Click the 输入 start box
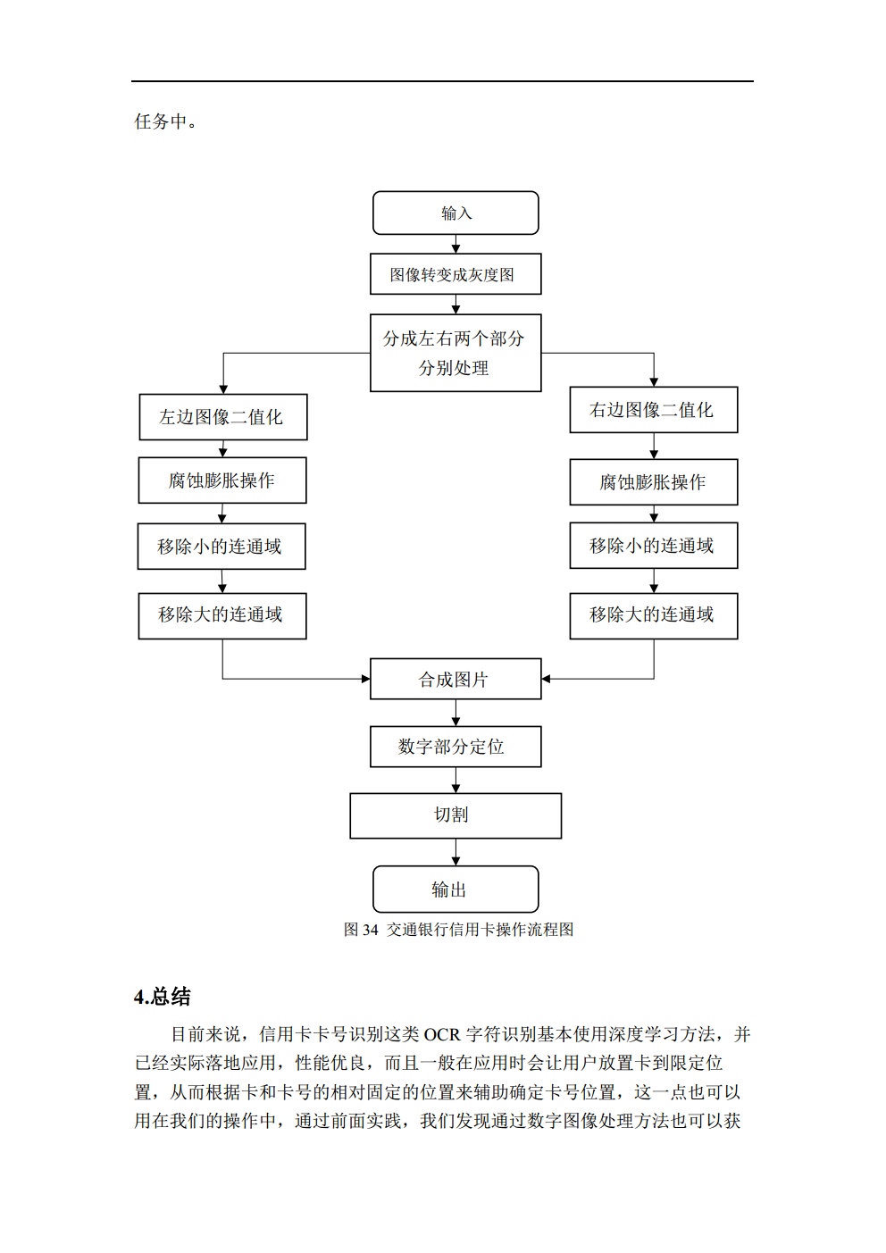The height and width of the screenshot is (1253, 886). (456, 213)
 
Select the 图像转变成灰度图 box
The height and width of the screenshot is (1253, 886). (456, 274)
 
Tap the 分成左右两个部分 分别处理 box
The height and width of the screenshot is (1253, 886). (456, 353)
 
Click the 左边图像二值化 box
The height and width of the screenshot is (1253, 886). (223, 417)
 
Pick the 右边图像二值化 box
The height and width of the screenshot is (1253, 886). (654, 410)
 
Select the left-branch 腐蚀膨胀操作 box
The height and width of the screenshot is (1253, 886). (222, 480)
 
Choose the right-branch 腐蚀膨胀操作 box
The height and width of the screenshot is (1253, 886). (654, 482)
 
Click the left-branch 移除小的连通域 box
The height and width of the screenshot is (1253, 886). (221, 547)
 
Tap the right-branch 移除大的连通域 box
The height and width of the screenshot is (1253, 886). (654, 615)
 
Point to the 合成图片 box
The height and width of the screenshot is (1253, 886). (456, 679)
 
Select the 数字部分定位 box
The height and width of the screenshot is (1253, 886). (456, 747)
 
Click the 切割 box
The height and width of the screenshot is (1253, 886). (456, 815)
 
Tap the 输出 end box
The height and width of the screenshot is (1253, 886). (456, 890)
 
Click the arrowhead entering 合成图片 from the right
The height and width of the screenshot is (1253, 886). (547, 679)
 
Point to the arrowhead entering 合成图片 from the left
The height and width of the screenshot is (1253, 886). (365, 679)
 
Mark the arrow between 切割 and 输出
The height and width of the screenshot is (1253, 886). (456, 854)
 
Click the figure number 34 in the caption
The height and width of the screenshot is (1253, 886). (371, 930)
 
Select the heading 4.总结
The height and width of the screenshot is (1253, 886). (163, 997)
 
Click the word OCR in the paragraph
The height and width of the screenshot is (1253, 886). (441, 1034)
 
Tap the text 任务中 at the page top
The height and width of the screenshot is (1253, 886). (162, 121)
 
